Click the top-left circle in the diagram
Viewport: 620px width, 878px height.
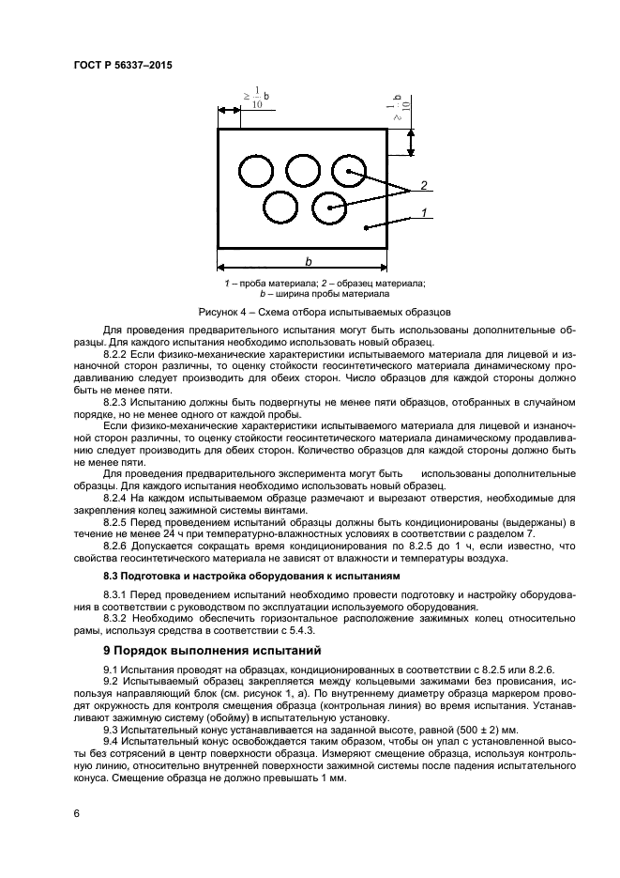(254, 173)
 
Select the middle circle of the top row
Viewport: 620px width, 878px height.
(302, 172)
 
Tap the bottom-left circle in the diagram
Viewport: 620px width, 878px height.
(280, 208)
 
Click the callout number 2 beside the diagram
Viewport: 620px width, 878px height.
(424, 185)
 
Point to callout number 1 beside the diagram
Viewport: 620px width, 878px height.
(424, 213)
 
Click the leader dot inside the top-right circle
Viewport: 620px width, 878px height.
(349, 171)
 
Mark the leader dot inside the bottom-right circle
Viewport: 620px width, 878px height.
(329, 208)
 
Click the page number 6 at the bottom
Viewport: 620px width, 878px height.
(76, 812)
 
